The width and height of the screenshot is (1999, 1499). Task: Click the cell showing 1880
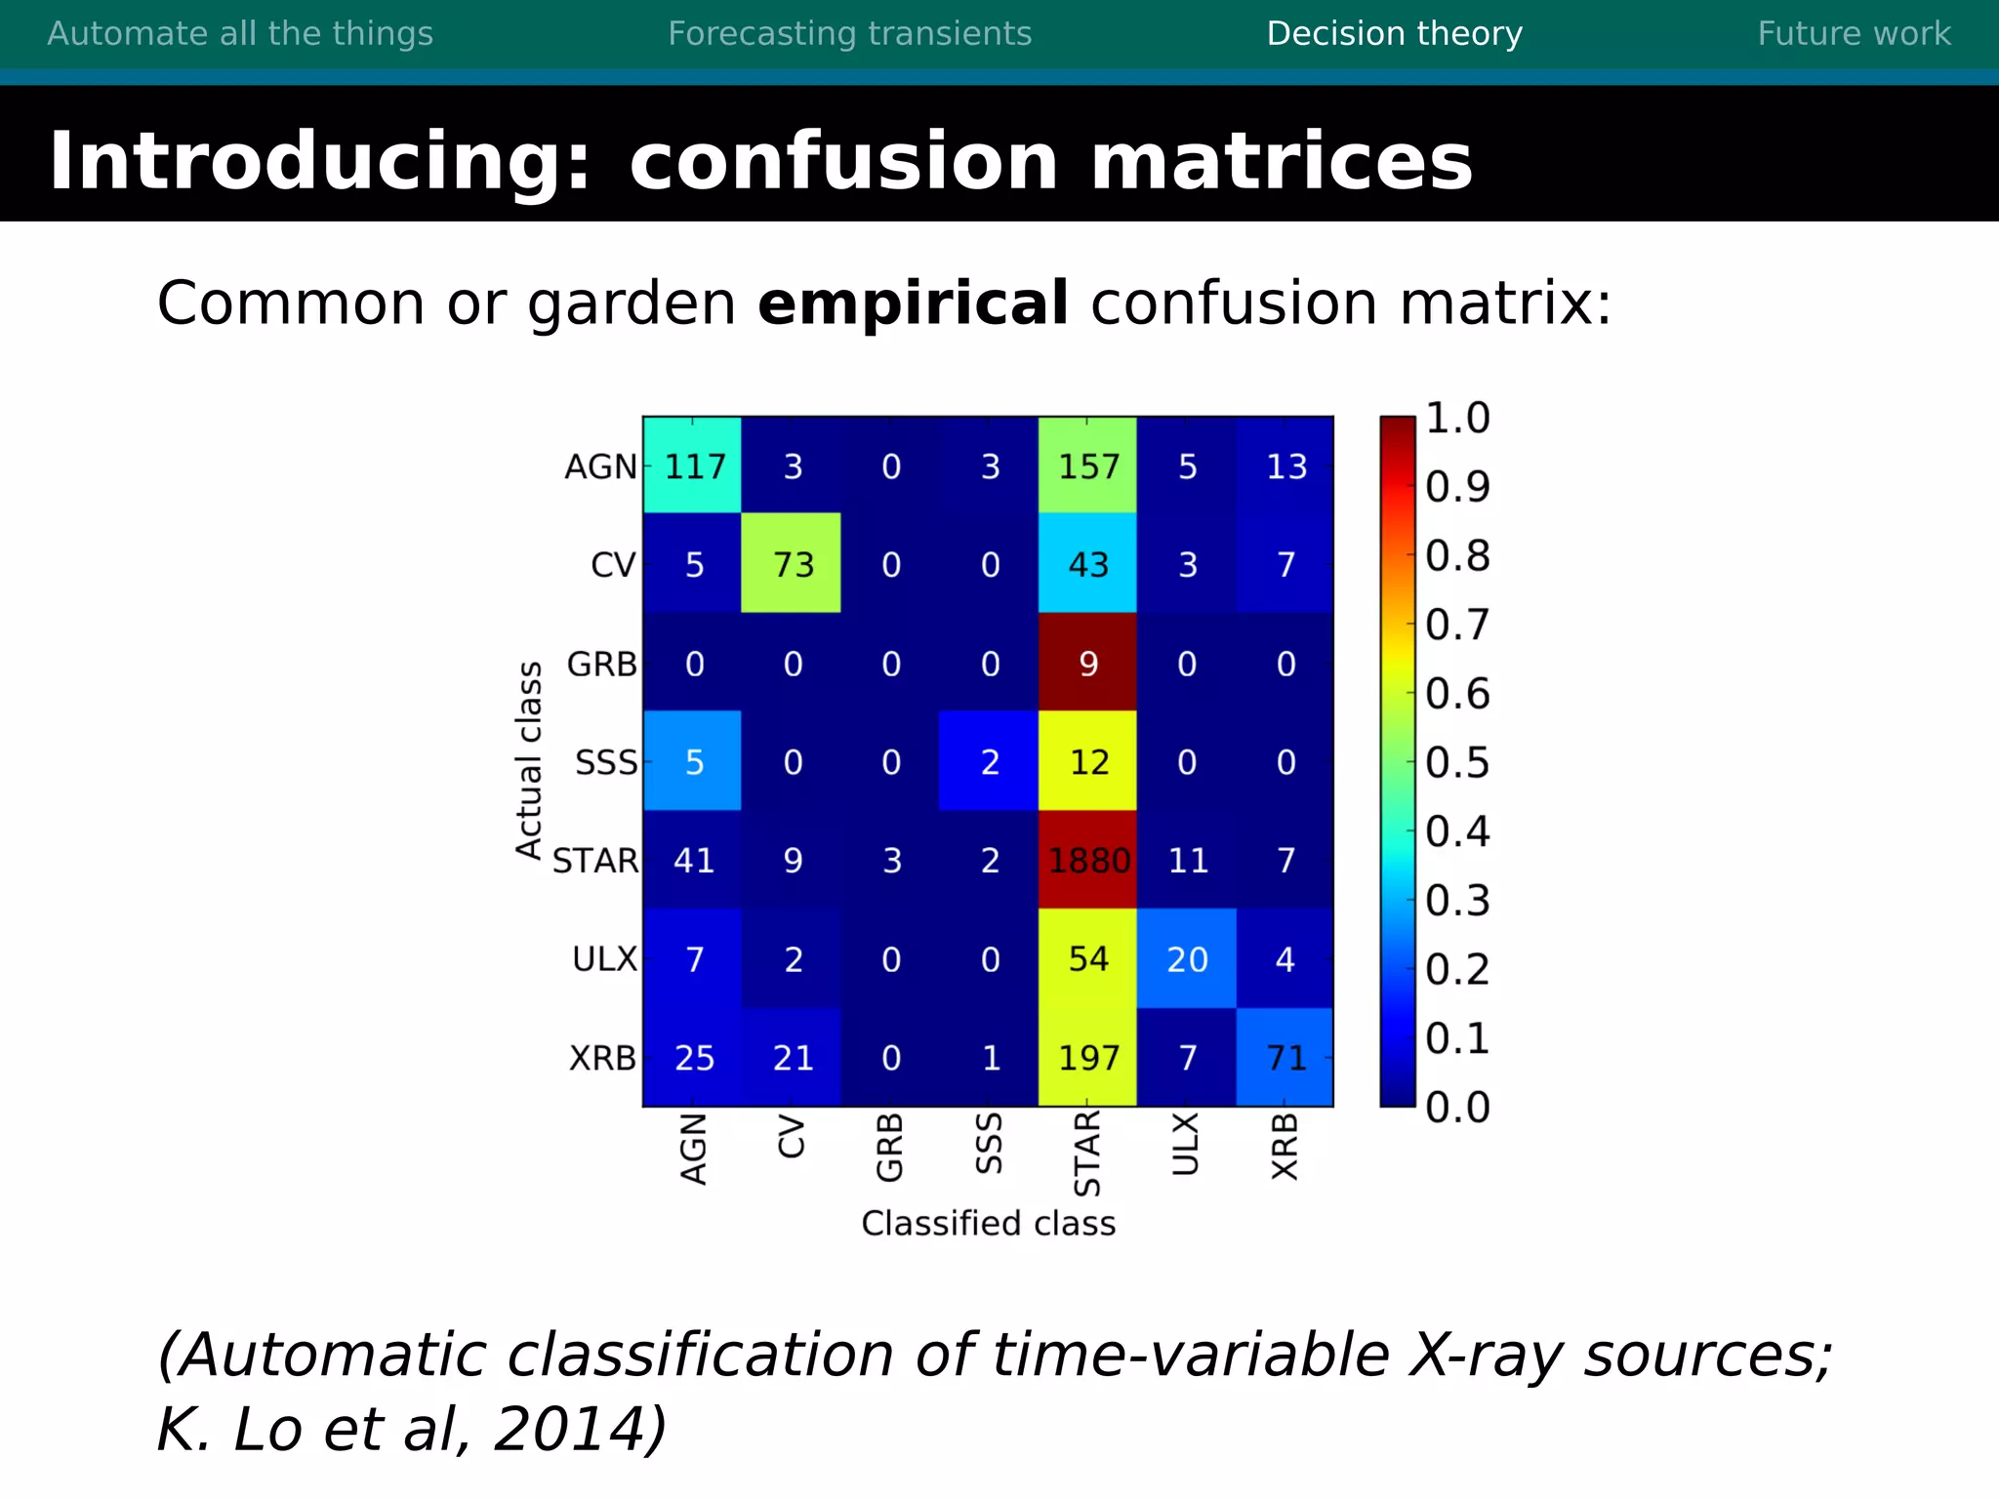pos(1087,860)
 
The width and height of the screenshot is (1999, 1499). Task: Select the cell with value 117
pos(693,466)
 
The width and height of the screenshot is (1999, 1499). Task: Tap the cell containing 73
pos(792,564)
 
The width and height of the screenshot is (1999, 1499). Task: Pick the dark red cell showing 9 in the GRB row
pos(1087,664)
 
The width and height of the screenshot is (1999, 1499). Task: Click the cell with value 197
pos(1087,1057)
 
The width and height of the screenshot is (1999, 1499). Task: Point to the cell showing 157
pos(1087,466)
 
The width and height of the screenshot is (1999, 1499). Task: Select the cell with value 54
pos(1087,958)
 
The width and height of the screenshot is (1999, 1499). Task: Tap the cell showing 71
pos(1285,1057)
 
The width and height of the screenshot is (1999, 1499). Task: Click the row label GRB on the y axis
pos(601,664)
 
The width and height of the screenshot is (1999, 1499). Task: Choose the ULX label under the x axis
pos(1185,1144)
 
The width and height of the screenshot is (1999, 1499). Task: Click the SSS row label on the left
pos(605,762)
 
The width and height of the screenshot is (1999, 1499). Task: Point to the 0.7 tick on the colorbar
pos(1457,625)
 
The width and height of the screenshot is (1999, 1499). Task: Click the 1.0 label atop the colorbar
pos(1457,418)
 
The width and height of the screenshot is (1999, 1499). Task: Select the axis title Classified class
pos(988,1223)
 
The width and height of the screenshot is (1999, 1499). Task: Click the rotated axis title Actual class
pos(529,760)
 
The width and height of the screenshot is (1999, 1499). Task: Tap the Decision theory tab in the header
pos(1394,34)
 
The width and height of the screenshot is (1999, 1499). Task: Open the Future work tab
pos(1854,34)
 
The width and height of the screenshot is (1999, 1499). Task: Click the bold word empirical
pos(913,303)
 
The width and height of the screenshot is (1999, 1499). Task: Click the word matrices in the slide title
pos(1281,161)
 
